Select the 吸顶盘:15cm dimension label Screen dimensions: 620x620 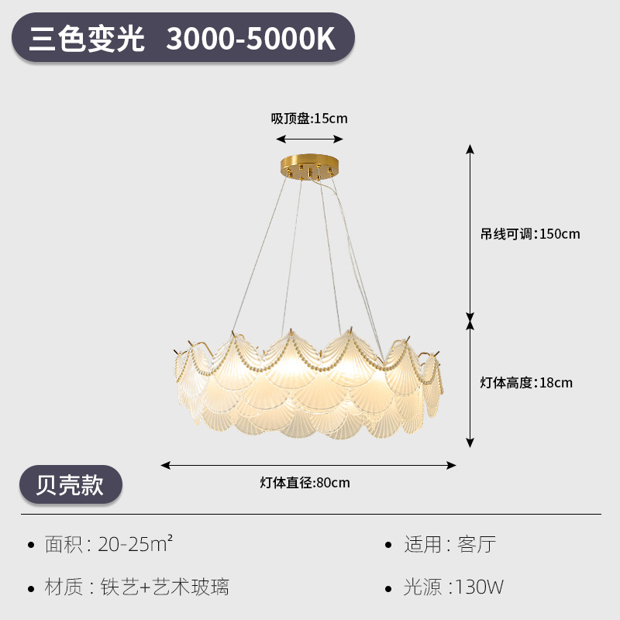[309, 119]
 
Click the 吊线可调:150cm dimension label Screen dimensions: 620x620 [529, 233]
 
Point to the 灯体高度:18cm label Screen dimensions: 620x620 [526, 382]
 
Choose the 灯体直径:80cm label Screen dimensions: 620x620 [305, 483]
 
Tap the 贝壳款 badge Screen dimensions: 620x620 [71, 484]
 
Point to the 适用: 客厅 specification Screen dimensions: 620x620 [449, 544]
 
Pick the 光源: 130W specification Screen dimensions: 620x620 [453, 587]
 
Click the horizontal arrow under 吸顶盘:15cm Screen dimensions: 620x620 [310, 139]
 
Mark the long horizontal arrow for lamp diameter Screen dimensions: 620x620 [308, 465]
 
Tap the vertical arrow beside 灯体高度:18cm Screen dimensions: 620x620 [470, 383]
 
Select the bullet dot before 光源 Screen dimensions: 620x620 [389, 587]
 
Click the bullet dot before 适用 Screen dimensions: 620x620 [389, 545]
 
